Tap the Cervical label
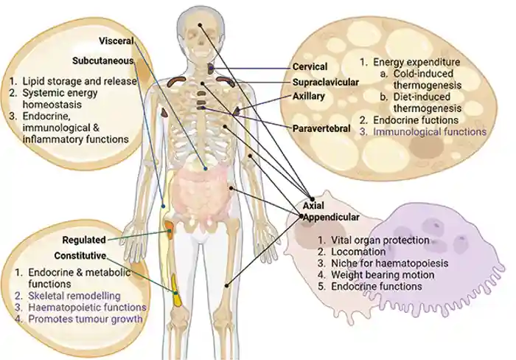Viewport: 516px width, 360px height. [310, 68]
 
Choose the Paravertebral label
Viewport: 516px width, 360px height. [321, 128]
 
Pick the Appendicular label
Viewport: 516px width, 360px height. [332, 218]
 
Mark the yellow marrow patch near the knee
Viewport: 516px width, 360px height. [176, 285]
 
